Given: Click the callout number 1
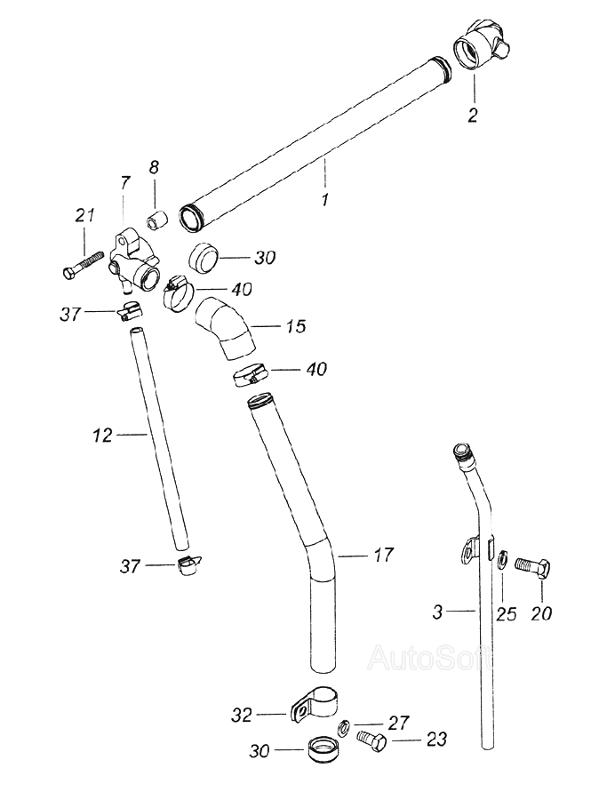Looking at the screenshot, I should (x=324, y=201).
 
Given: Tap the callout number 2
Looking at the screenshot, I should (x=473, y=115).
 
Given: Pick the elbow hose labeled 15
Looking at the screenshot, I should (x=222, y=331).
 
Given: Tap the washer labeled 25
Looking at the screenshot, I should (x=503, y=559).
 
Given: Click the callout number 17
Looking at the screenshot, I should (x=383, y=556).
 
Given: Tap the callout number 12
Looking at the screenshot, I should (x=103, y=436).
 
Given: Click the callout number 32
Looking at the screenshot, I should (x=242, y=714).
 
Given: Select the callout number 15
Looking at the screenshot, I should (x=295, y=327).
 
